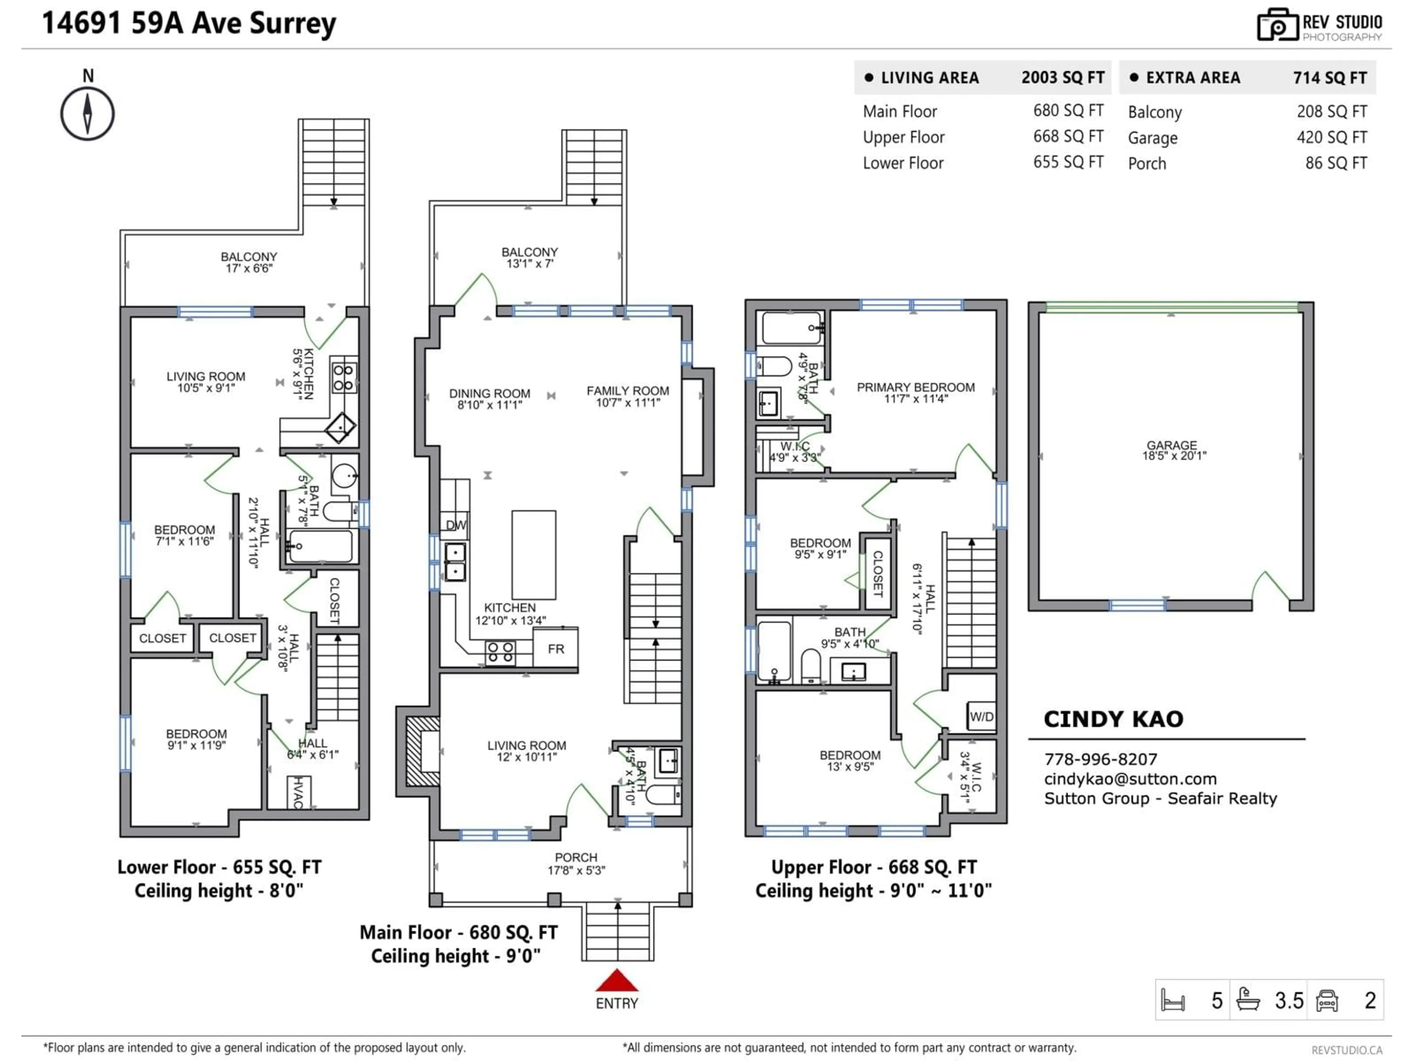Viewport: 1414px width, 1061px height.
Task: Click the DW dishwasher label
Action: tap(456, 525)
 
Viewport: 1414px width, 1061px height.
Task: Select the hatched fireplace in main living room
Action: tap(422, 752)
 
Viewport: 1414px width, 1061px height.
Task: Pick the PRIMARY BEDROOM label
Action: tap(915, 388)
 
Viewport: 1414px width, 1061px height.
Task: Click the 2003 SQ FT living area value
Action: tap(1062, 77)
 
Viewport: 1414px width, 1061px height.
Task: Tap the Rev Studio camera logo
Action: tap(1277, 25)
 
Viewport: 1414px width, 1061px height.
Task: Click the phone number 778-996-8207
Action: tap(1100, 759)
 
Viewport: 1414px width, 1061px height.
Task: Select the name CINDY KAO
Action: tap(1113, 719)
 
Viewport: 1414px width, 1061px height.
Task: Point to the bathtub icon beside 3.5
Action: tap(1248, 999)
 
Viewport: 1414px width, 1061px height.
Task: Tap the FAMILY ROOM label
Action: tap(628, 391)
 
